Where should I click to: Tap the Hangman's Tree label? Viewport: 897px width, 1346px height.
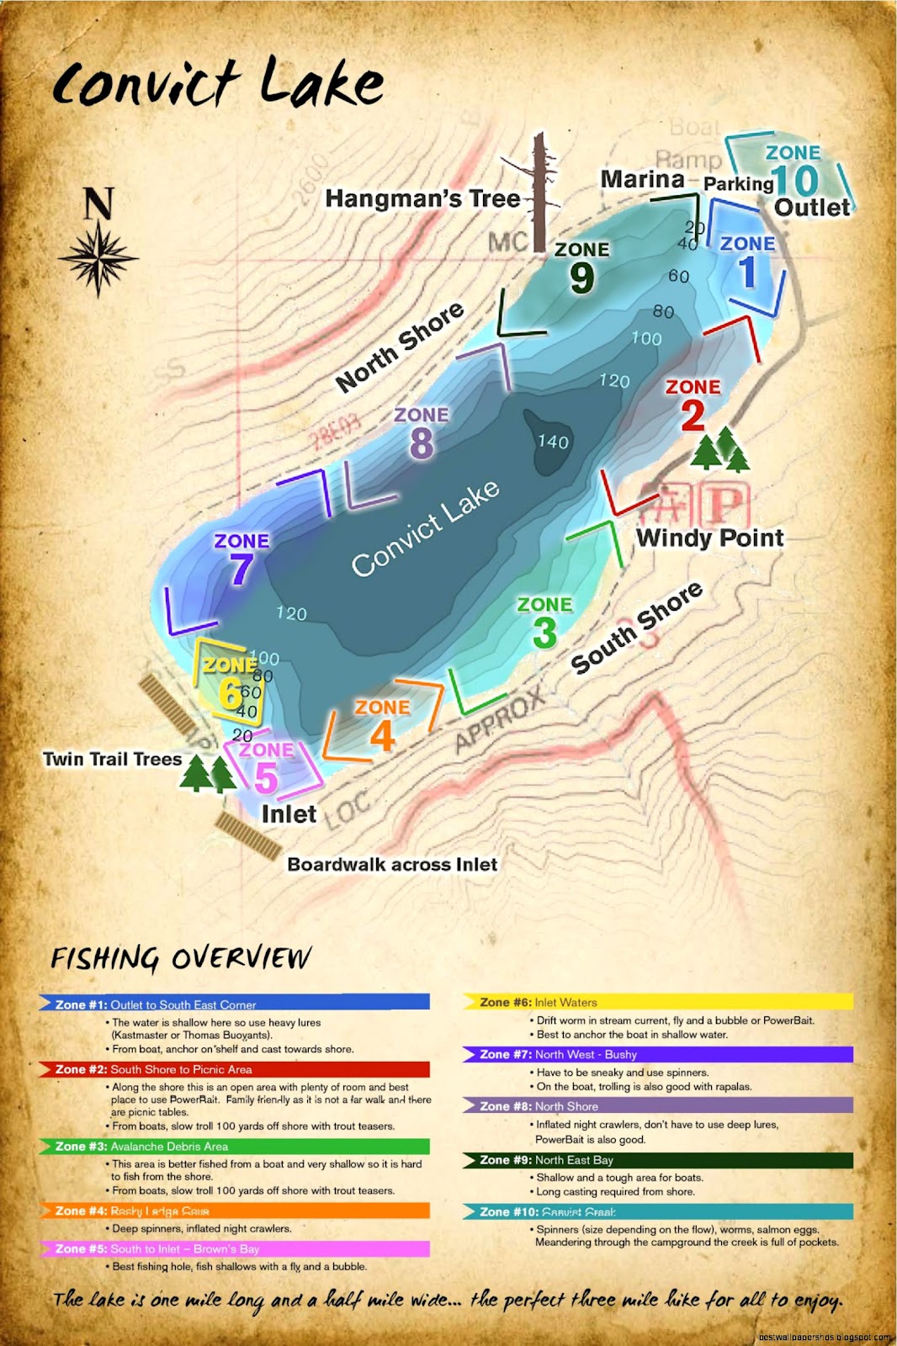tap(422, 199)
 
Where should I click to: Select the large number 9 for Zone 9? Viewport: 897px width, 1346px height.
tap(581, 278)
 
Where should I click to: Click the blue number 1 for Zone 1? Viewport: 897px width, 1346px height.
tap(748, 273)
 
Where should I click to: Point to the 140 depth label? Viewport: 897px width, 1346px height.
tap(553, 442)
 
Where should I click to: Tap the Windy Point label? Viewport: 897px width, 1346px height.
tap(709, 538)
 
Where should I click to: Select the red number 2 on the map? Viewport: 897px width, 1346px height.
tap(693, 416)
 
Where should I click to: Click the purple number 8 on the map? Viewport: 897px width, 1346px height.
tap(421, 443)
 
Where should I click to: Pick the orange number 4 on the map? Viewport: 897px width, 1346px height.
tap(382, 737)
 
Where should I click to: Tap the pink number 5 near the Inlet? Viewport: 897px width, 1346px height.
tap(266, 777)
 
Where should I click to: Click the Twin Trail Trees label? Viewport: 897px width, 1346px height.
tap(112, 759)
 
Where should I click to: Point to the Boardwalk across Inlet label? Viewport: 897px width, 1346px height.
tap(392, 864)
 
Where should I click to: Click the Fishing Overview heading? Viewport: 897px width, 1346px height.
tap(180, 957)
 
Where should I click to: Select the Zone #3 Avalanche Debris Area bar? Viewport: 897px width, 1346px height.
tap(235, 1147)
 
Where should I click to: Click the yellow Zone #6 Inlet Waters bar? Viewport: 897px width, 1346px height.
tap(657, 1002)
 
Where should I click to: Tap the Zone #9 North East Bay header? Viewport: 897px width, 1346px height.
tap(657, 1160)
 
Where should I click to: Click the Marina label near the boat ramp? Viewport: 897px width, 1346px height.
tap(642, 179)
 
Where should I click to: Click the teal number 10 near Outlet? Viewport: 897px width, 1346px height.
tap(794, 180)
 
